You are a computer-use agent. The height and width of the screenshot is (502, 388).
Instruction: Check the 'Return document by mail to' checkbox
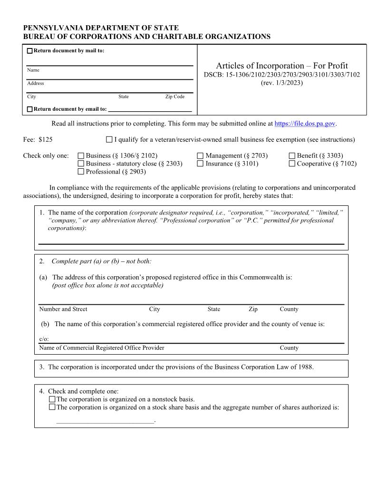tap(30, 51)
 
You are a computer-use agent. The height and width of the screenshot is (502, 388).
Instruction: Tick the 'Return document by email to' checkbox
tap(30, 109)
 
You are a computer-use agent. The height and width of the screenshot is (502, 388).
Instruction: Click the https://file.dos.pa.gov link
tap(305, 124)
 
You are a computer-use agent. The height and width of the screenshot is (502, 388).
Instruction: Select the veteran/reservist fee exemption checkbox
tap(109, 140)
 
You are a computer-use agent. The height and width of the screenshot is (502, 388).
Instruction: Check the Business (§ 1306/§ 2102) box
tap(81, 155)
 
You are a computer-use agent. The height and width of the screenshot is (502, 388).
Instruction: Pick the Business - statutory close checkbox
tap(81, 164)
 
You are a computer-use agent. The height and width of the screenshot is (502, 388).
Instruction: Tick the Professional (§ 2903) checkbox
tap(81, 172)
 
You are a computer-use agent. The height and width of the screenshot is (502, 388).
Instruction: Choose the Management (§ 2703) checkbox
tap(200, 155)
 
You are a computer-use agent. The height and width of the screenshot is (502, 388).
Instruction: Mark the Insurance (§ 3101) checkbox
tap(200, 164)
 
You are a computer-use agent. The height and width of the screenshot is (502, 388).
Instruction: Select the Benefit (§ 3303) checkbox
tap(292, 155)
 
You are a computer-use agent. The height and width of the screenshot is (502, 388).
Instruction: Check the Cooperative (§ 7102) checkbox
tap(292, 164)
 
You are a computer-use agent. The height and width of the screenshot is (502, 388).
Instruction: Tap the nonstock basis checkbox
tap(52, 399)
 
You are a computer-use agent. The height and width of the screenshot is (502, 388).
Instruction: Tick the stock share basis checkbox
tap(52, 407)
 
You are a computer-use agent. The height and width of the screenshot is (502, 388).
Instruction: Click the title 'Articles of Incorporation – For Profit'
tap(282, 66)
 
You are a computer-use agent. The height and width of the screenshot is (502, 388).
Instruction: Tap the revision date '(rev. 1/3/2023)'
tap(282, 83)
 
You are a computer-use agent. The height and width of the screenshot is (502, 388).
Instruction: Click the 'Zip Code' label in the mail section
tap(175, 97)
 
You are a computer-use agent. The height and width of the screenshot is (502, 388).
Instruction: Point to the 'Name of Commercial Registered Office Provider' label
tap(102, 348)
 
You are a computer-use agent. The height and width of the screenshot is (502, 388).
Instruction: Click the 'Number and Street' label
tap(63, 309)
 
